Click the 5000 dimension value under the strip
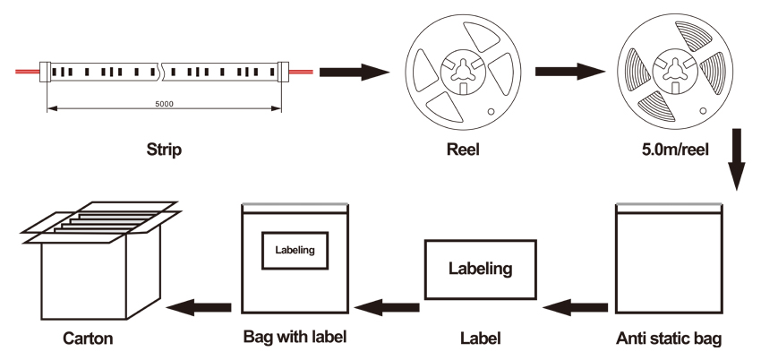point(164,104)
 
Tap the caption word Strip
point(164,150)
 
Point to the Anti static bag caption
point(669,339)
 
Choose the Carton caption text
point(89,339)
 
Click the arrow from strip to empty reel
point(353,71)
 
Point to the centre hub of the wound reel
point(674,70)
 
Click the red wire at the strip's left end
point(27,70)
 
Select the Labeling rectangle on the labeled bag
point(295,250)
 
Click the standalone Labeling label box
point(480,269)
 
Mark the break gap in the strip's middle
point(162,70)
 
